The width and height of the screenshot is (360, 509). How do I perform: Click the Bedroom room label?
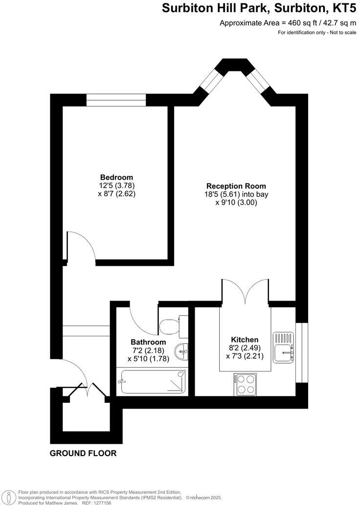116,177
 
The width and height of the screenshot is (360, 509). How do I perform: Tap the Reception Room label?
236,186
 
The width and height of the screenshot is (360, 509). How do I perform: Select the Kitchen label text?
245,340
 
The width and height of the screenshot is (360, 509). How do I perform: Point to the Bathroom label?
148,342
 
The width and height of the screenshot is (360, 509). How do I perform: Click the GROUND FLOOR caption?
83,453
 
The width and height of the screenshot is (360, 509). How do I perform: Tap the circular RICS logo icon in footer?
8,496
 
